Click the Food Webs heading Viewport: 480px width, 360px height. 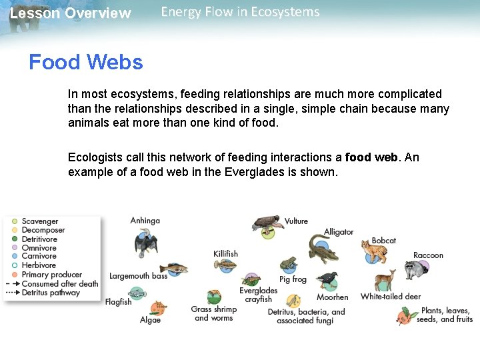pyautogui.click(x=85, y=62)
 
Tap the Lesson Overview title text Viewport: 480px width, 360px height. pyautogui.click(x=70, y=13)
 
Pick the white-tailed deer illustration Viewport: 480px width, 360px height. pyautogui.click(x=385, y=281)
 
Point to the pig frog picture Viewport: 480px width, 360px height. pyautogui.click(x=288, y=263)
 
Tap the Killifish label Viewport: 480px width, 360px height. pyautogui.click(x=225, y=253)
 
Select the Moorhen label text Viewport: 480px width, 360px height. pyautogui.click(x=332, y=297)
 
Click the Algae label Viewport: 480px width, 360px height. pyautogui.click(x=150, y=320)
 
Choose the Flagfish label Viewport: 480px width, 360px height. pyautogui.click(x=118, y=302)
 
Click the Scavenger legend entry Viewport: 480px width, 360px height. pyautogui.click(x=40, y=221)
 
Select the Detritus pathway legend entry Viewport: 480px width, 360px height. pyautogui.click(x=50, y=292)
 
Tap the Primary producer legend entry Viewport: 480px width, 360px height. pyautogui.click(x=51, y=275)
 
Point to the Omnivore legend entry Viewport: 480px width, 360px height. pyautogui.click(x=39, y=248)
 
